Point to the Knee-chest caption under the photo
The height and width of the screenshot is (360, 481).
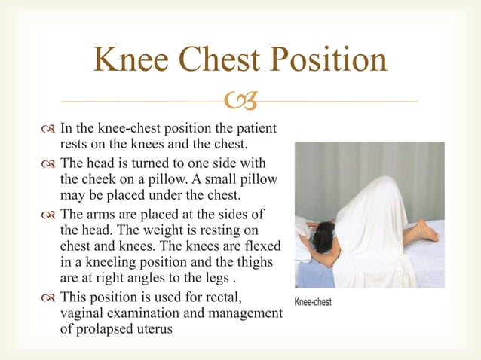click(x=312, y=302)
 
